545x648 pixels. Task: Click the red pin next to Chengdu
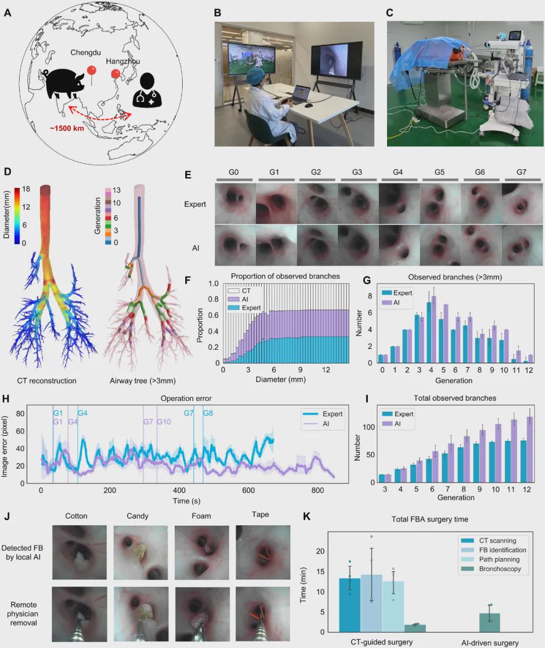point(91,72)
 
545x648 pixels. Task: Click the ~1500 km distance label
point(67,128)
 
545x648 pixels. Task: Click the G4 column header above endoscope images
point(398,172)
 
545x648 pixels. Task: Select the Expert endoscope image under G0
point(235,204)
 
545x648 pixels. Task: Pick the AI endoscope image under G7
point(522,245)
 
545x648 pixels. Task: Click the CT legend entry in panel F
point(246,291)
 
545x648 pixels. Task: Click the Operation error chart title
point(186,398)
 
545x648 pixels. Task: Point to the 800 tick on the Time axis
point(317,490)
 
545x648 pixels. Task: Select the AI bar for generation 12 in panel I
point(530,449)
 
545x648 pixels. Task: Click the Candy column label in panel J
point(137,516)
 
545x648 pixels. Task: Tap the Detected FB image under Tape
point(262,552)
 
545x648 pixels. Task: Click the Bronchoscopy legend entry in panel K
point(500,569)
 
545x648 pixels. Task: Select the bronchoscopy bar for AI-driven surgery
point(489,622)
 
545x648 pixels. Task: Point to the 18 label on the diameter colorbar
point(26,189)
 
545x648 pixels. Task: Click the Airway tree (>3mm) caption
point(143,381)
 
